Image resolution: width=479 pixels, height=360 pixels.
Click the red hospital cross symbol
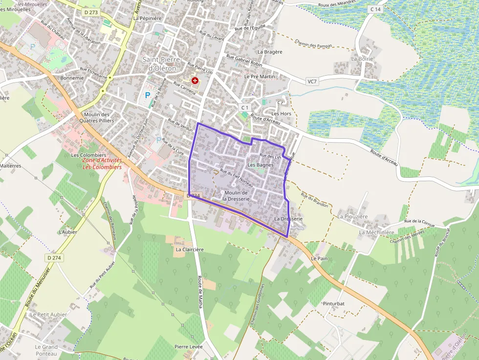pos(195,80)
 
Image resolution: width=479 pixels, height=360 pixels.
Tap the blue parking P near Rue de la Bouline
pos(147,96)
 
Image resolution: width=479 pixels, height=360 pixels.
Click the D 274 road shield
pos(54,257)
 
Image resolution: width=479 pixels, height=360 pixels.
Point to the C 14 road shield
pos(375,9)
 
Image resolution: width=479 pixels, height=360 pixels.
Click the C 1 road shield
pos(245,107)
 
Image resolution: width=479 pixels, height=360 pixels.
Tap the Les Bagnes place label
pos(261,165)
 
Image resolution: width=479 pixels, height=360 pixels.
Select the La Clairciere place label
pos(190,249)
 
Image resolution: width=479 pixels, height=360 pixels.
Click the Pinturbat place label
pos(334,303)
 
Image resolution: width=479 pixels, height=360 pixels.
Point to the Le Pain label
pos(319,258)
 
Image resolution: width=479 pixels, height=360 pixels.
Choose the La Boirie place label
pos(362,59)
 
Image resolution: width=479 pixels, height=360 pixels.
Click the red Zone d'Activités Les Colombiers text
pos(102,163)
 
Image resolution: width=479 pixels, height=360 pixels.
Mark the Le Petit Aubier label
pos(48,315)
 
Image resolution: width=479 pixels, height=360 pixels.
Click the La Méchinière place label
pos(376,233)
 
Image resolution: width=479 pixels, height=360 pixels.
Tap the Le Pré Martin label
pos(260,77)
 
